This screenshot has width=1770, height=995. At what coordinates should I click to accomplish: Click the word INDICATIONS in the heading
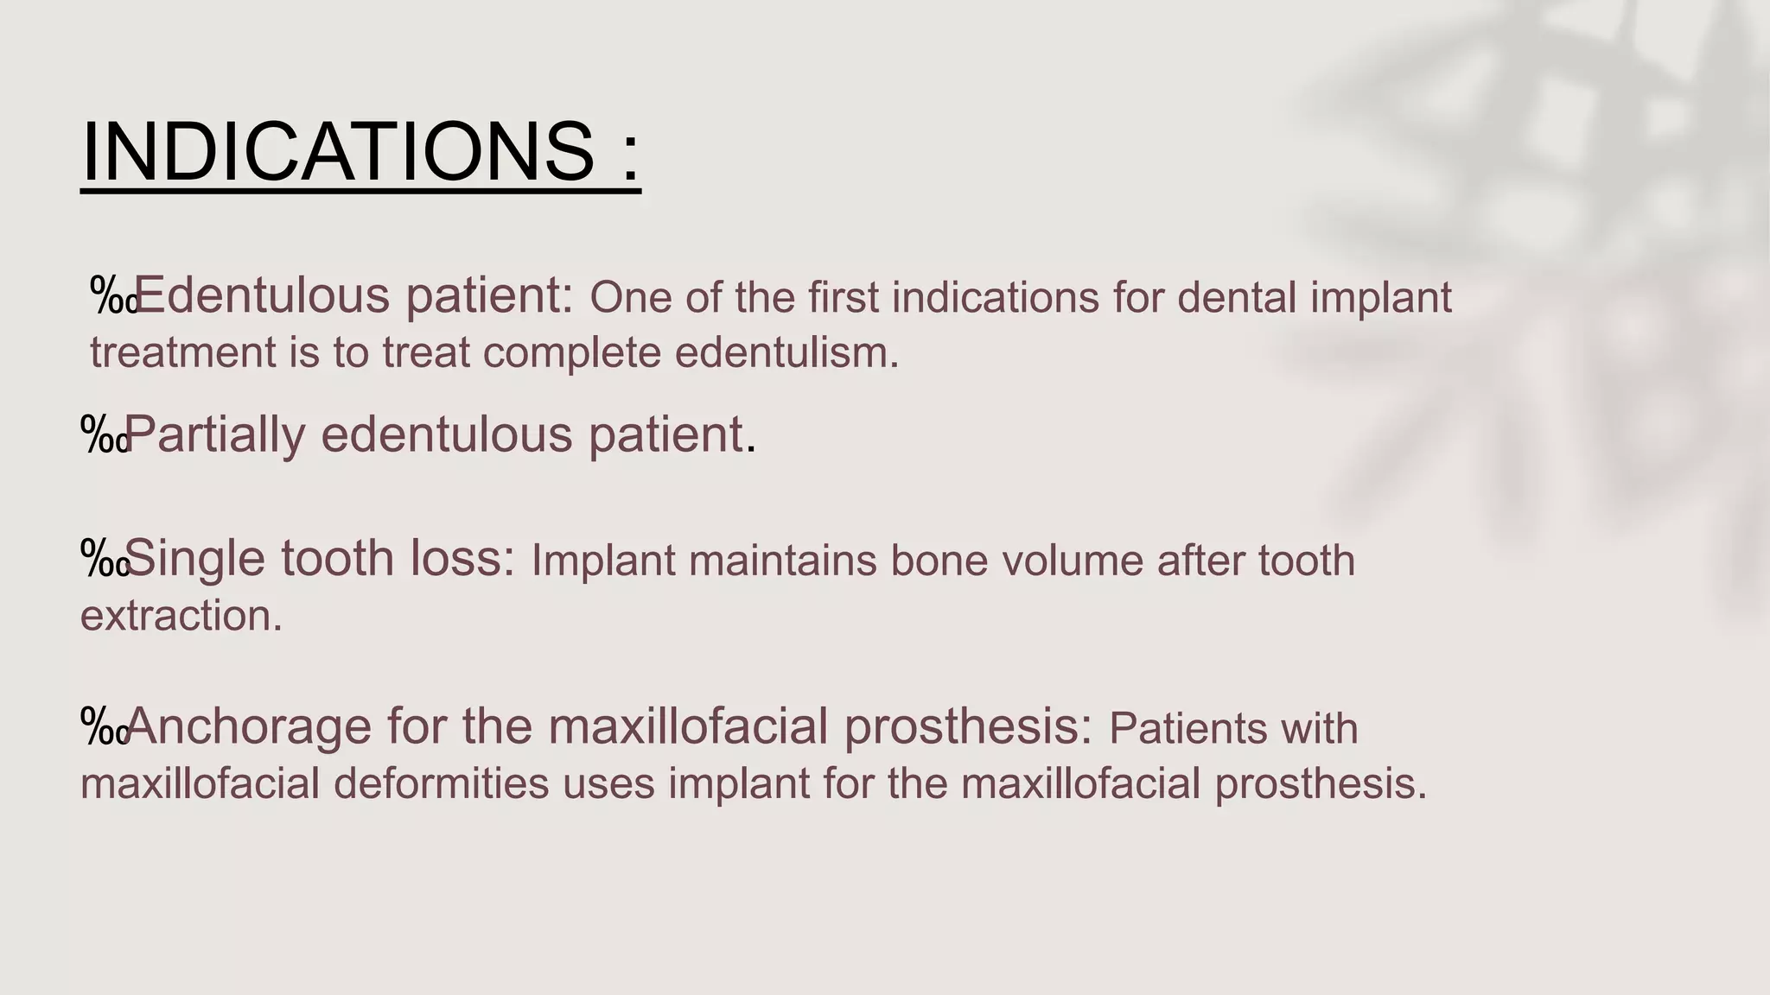pos(338,151)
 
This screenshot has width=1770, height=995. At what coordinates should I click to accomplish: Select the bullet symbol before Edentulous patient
pos(112,295)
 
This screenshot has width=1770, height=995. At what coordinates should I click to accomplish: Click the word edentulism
pos(786,353)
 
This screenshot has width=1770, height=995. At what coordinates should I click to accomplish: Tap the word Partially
pos(215,434)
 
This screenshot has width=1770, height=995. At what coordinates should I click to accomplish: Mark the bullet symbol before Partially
pos(104,434)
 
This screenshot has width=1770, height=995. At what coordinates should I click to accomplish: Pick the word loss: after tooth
pos(463,558)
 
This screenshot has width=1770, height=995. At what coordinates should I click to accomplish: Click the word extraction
pos(181,617)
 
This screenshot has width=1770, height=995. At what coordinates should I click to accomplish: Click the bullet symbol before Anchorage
pos(104,726)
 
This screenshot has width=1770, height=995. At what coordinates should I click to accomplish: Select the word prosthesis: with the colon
pos(968,727)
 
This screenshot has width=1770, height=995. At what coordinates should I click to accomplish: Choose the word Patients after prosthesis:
pos(1187,729)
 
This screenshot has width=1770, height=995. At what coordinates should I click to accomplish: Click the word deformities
pos(441,784)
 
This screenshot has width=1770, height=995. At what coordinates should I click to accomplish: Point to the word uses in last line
pos(608,784)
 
